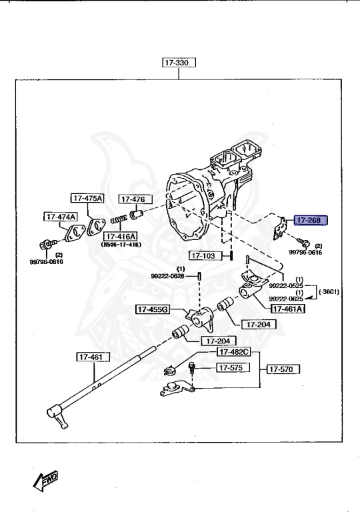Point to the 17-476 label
tap(135, 199)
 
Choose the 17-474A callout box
tap(61, 217)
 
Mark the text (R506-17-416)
tap(120, 245)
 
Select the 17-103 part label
tap(204, 255)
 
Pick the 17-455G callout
tap(153, 309)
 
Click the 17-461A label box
tap(287, 308)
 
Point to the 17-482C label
tap(233, 352)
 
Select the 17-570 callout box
tap(284, 368)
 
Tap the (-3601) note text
tap(329, 292)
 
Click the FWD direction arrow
tap(45, 480)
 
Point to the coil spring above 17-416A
tap(119, 220)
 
